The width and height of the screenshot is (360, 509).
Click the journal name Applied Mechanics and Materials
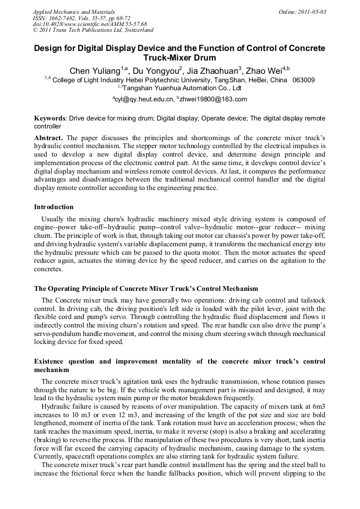click(74, 12)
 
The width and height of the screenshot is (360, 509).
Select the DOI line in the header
click(90, 24)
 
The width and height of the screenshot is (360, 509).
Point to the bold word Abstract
click(49, 137)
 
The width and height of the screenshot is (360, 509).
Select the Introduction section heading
click(54, 206)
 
